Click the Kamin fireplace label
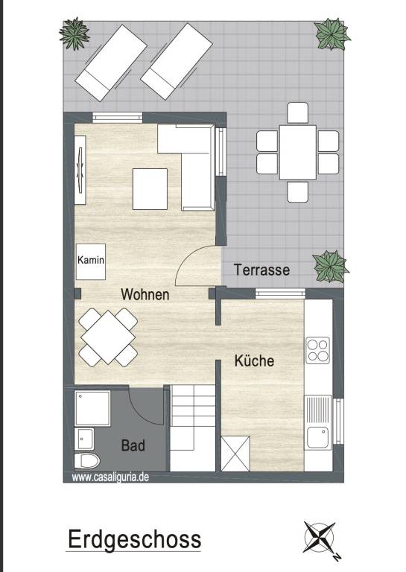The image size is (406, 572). click(x=91, y=260)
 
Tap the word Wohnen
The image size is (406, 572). click(x=145, y=294)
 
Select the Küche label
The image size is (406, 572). click(x=254, y=360)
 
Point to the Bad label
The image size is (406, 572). click(x=133, y=445)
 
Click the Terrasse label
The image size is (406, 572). click(x=262, y=270)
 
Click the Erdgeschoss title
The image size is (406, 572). click(x=134, y=539)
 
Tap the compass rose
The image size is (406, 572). click(x=320, y=537)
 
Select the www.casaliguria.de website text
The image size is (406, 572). click(x=110, y=477)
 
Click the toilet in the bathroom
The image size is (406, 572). click(x=87, y=461)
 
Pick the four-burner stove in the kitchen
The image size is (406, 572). click(x=317, y=351)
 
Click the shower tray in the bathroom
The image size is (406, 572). click(x=92, y=409)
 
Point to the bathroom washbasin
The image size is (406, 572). click(x=84, y=439)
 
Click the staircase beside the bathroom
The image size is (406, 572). click(x=193, y=428)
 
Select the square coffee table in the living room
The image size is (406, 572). click(x=150, y=189)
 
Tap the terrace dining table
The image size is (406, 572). click(x=298, y=152)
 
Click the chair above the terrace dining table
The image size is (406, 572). click(x=298, y=112)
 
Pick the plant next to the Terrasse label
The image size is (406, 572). click(x=331, y=267)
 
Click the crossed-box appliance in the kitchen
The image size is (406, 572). click(x=235, y=454)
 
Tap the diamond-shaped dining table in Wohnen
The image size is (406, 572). click(x=108, y=337)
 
